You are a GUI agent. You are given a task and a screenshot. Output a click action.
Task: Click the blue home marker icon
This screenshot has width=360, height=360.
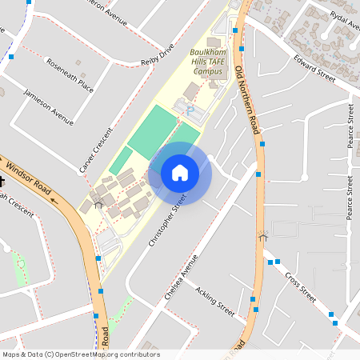pyautogui.click(x=180, y=172)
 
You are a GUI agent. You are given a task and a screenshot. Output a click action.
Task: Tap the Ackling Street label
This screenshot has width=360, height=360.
pyautogui.click(x=215, y=302)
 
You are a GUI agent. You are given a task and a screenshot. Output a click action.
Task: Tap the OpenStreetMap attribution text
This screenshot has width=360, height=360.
pyautogui.click(x=80, y=354)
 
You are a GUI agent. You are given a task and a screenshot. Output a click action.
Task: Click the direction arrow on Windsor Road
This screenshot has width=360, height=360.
pyautogui.click(x=54, y=199)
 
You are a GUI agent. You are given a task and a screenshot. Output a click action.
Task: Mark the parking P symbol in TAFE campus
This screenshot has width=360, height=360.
pyautogui.click(x=190, y=107)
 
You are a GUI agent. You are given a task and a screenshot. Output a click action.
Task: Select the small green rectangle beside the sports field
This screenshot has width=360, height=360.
pyautogui.click(x=121, y=160)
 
